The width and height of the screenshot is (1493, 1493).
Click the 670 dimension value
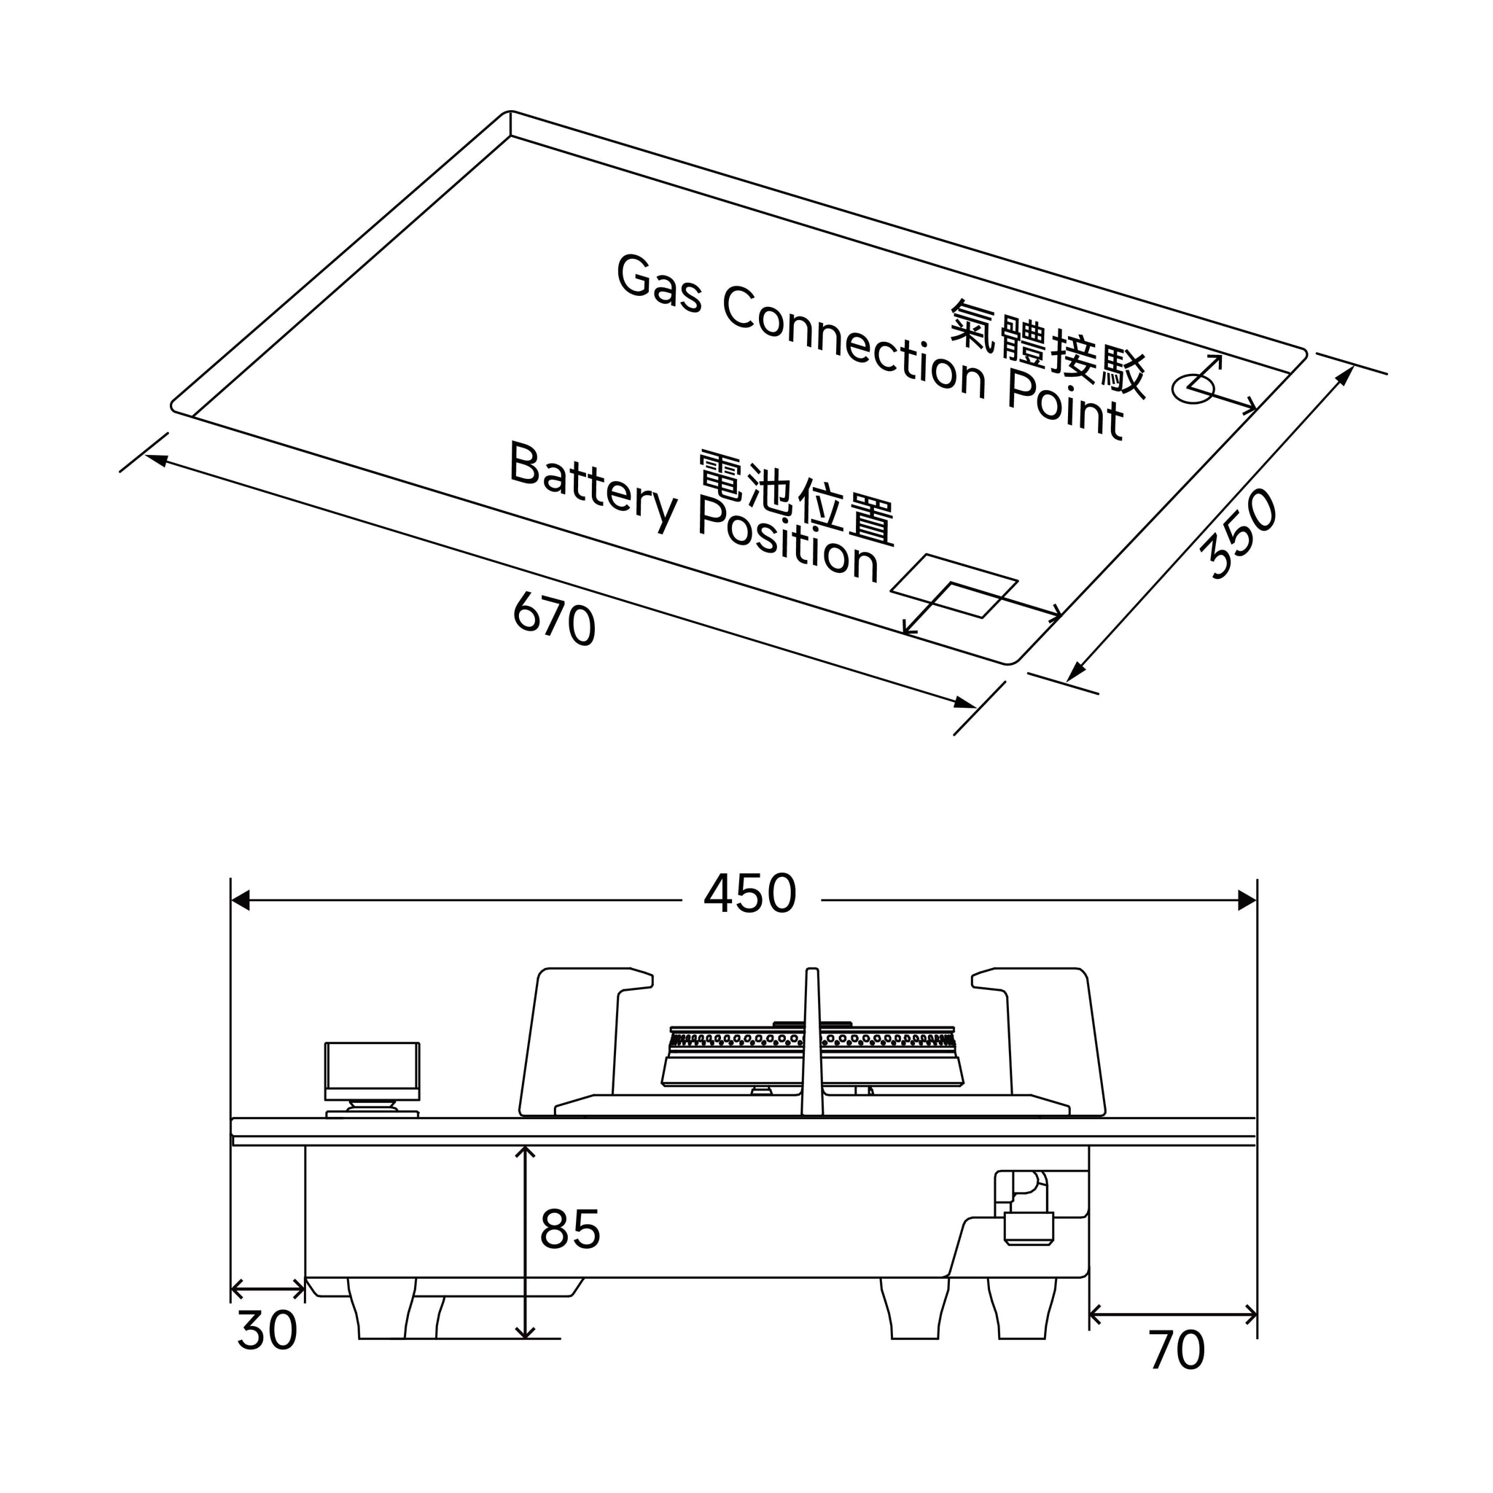click(554, 617)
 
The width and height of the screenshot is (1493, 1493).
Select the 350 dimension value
click(1238, 533)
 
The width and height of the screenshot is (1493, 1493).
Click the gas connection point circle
click(1194, 389)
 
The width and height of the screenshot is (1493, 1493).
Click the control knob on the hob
click(373, 1079)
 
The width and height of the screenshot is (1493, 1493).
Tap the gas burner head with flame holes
click(812, 1056)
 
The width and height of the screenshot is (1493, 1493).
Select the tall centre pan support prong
click(812, 1042)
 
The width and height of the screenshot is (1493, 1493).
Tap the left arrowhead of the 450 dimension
click(240, 900)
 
